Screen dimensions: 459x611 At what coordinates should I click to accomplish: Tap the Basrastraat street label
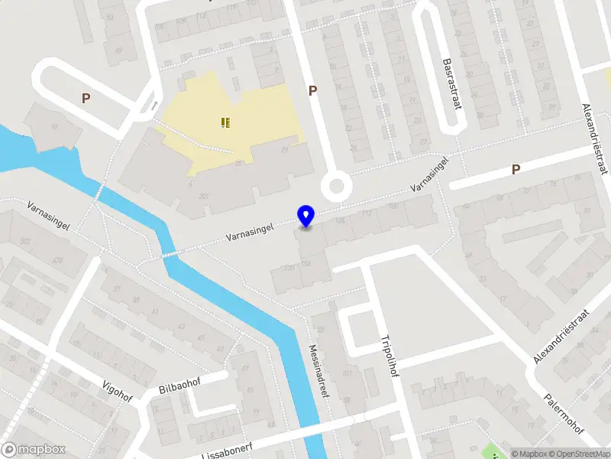[453, 83]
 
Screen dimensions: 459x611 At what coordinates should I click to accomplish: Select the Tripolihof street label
[390, 356]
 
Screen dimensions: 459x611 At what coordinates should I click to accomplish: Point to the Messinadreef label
[319, 372]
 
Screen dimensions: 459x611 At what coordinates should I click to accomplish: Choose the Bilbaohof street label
[177, 384]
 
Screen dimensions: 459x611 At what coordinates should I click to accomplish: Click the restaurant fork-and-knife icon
[225, 122]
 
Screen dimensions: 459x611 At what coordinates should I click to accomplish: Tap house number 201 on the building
[204, 196]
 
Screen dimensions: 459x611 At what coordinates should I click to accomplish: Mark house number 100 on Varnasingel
[394, 207]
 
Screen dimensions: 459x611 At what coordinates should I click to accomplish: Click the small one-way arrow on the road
[155, 106]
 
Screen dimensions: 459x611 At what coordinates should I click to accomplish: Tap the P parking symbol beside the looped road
[86, 98]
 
